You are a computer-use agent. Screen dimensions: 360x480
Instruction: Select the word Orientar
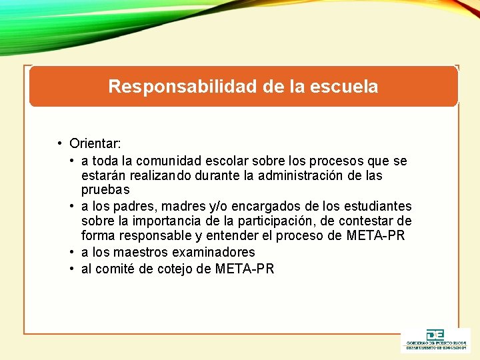pyautogui.click(x=95, y=143)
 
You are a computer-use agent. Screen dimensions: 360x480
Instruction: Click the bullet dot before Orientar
pyautogui.click(x=60, y=143)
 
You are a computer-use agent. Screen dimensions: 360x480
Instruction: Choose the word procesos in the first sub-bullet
pyautogui.click(x=337, y=161)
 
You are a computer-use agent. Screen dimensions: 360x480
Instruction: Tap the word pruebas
pyautogui.click(x=105, y=191)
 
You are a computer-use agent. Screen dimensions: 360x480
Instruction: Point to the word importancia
pyautogui.click(x=179, y=221)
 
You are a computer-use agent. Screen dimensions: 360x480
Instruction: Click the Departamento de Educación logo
pyautogui.click(x=435, y=339)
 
